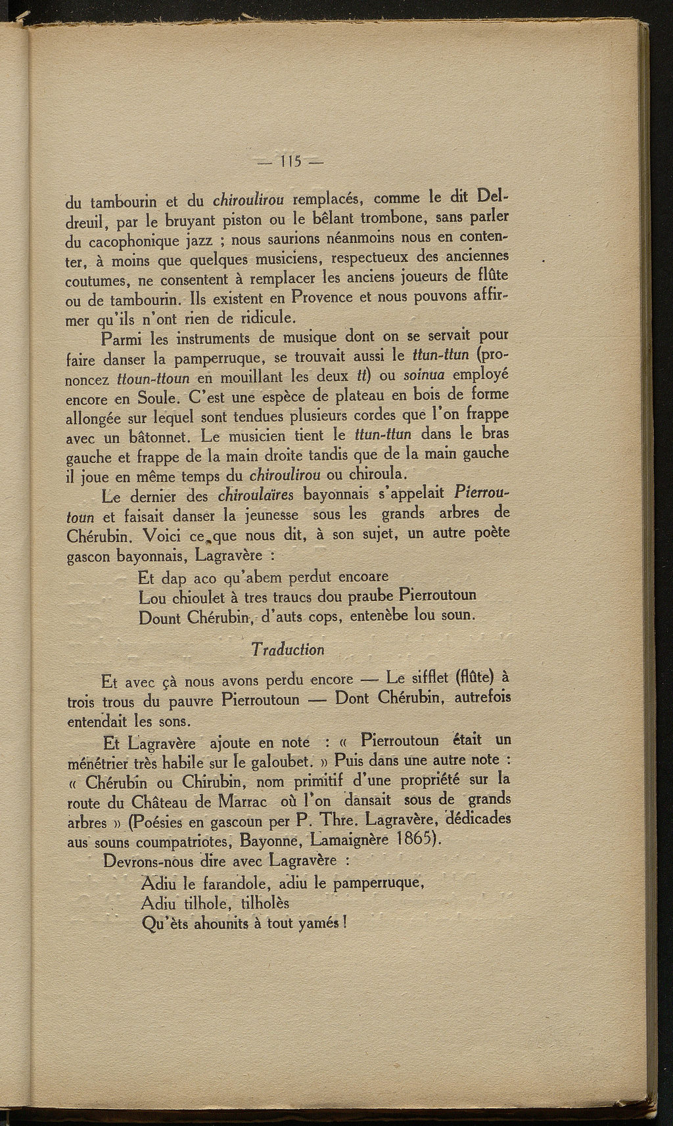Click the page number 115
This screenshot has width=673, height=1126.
[289, 161]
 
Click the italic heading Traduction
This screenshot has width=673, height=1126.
[289, 650]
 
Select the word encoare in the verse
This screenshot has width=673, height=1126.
[363, 576]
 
